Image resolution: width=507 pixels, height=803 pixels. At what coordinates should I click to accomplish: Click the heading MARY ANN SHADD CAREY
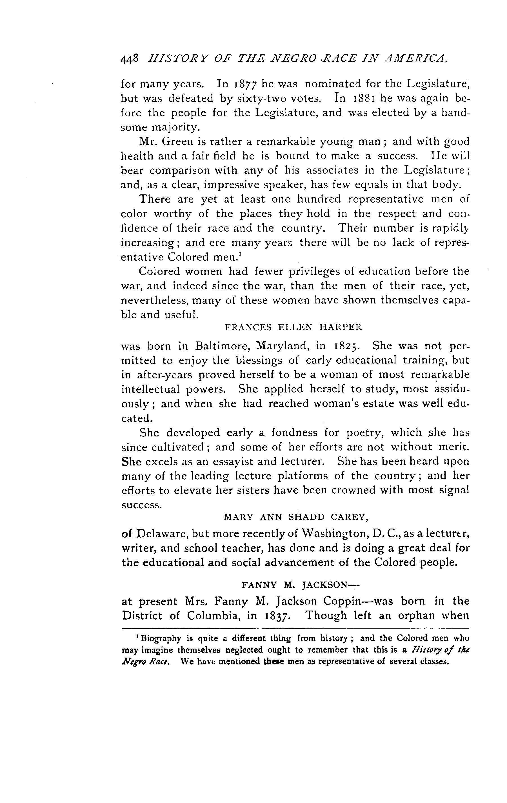point(296,517)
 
